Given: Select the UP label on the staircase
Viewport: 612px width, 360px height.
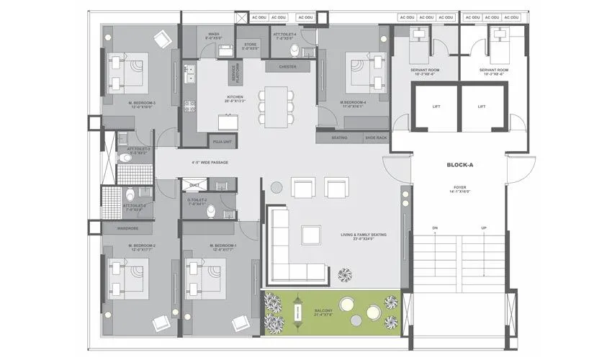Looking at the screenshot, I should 484,228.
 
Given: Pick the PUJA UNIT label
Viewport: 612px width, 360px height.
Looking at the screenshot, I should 221,142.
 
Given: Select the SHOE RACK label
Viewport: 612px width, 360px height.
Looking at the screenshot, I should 375,138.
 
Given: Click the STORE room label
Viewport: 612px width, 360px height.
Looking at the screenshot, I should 249,46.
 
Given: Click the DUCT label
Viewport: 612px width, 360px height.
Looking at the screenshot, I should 194,184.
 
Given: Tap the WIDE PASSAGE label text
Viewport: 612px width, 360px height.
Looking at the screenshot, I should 210,162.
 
